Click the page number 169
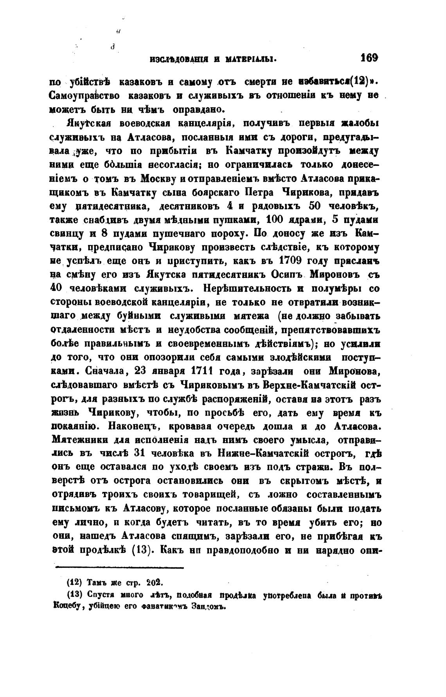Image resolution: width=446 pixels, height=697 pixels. pyautogui.click(x=369, y=58)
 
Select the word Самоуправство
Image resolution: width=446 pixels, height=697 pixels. pyautogui.click(x=82, y=95)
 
